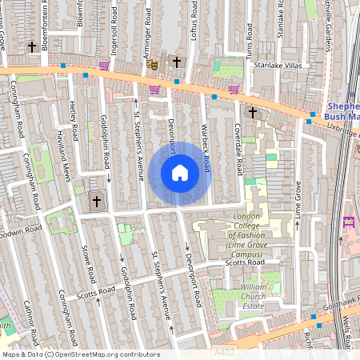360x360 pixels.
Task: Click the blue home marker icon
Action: coord(180,173)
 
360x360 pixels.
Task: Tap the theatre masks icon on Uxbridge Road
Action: coord(154,64)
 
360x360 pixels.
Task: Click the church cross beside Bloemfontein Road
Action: coord(32,48)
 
